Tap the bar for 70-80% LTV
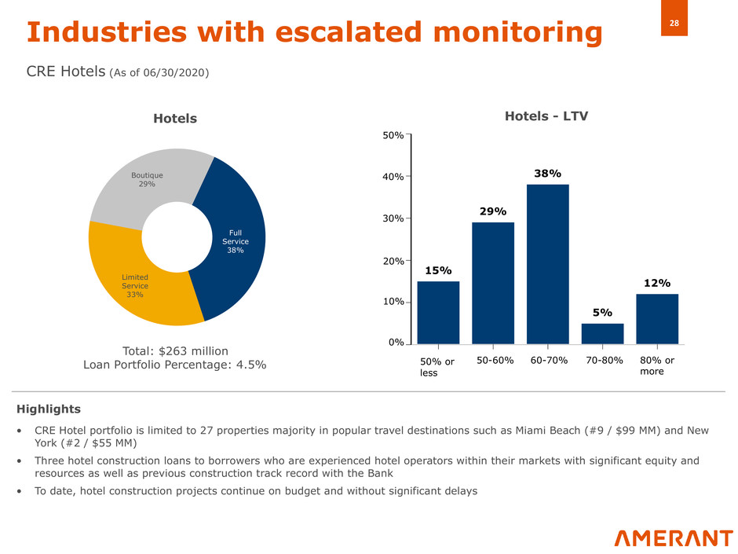[602, 333]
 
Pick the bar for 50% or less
[438, 312]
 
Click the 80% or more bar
[657, 318]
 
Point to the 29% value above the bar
[493, 211]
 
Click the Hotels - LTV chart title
[546, 116]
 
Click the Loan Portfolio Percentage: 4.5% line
[174, 365]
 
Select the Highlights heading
[49, 409]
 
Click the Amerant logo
[673, 537]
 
